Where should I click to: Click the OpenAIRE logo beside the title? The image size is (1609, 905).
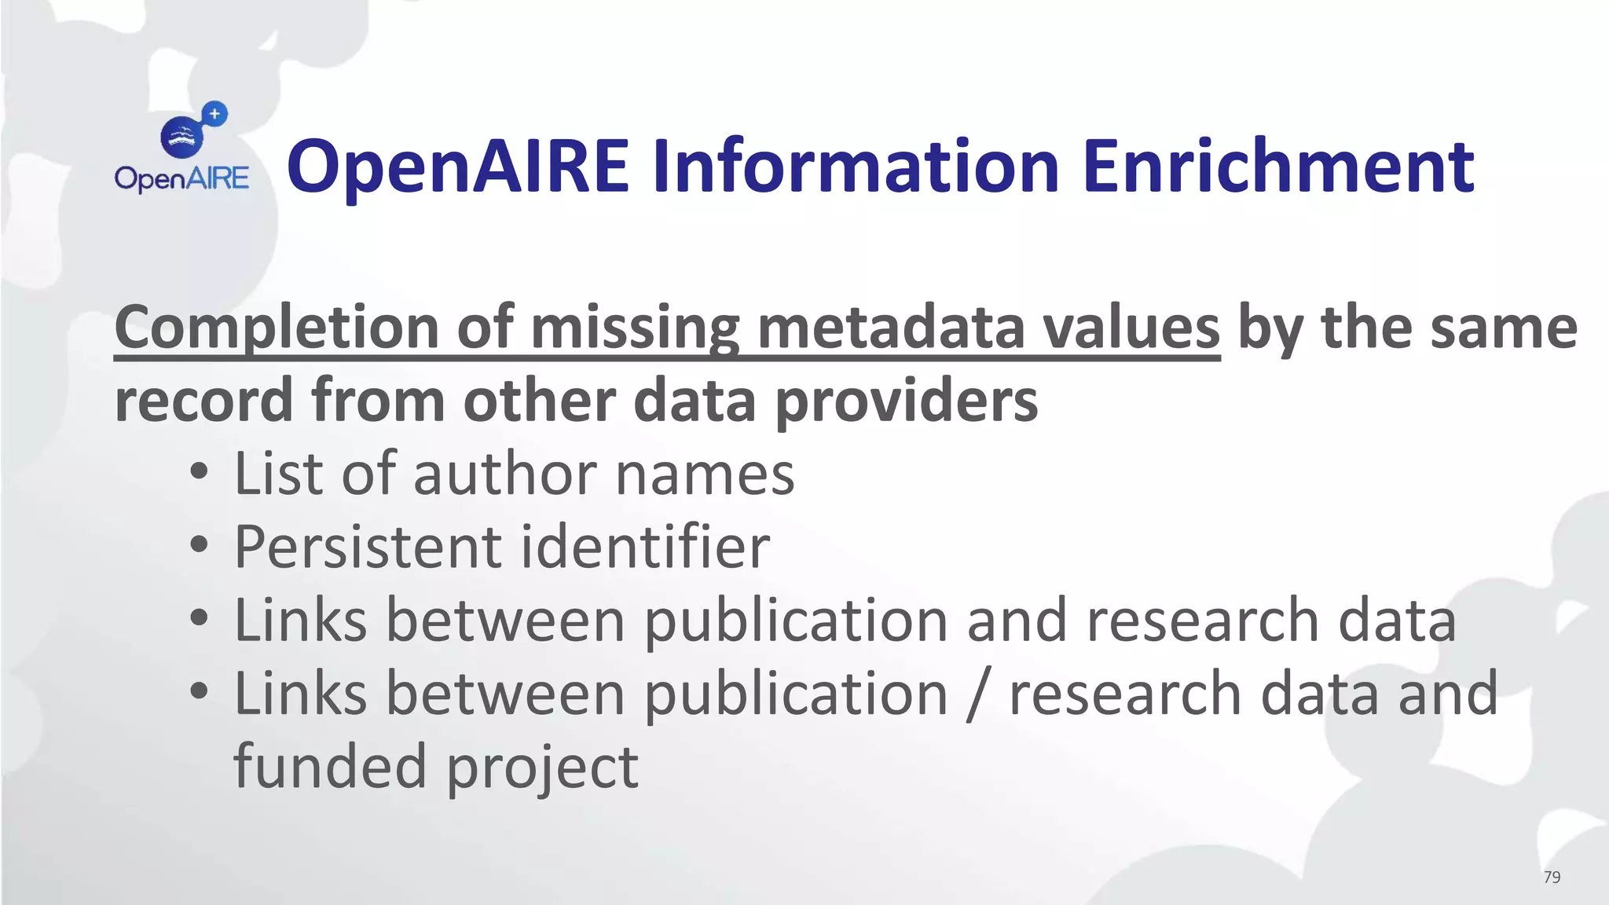click(x=182, y=149)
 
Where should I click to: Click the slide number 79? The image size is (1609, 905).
click(x=1552, y=878)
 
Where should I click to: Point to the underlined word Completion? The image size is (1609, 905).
click(x=276, y=328)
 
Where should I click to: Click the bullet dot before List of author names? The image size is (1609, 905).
click(x=200, y=473)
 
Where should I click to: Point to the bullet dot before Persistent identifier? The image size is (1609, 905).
click(x=200, y=546)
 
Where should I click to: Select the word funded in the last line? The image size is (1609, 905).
click(x=330, y=766)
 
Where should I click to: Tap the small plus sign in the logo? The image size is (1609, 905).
click(x=214, y=114)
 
